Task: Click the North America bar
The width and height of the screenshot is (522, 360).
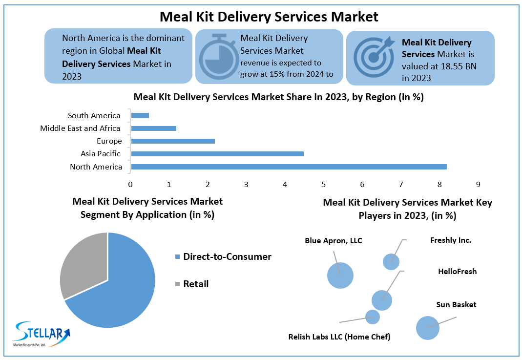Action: [x=289, y=167]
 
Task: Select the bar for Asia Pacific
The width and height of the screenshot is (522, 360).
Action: [x=217, y=154]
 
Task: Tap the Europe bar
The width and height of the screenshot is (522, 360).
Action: [x=173, y=141]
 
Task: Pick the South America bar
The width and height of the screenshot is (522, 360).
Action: [x=140, y=115]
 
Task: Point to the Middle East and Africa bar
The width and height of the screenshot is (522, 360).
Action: [x=153, y=128]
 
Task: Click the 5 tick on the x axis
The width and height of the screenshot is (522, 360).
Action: [x=323, y=184]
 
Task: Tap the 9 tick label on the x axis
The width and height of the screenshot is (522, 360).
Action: [x=478, y=184]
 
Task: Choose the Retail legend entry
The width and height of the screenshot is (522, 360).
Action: [x=195, y=284]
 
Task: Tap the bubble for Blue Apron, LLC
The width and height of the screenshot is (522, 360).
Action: [x=340, y=275]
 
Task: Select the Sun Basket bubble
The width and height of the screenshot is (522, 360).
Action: [x=428, y=328]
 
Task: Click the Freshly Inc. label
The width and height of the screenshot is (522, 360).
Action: [x=451, y=240]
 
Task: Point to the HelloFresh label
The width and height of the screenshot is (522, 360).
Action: [x=457, y=272]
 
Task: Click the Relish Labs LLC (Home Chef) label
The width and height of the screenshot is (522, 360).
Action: [x=339, y=337]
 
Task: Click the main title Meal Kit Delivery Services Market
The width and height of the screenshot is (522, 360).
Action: [x=269, y=17]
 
